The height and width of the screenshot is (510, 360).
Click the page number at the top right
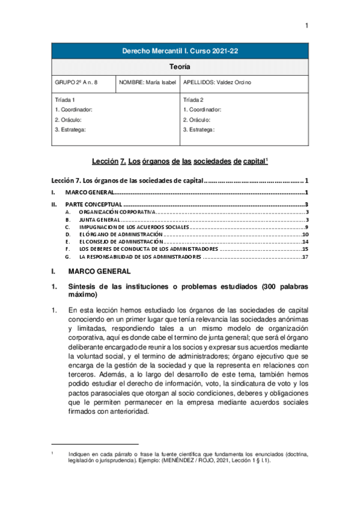point(306,25)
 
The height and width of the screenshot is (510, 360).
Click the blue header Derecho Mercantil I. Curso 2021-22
point(180,52)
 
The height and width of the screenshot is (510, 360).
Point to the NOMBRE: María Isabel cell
point(148,82)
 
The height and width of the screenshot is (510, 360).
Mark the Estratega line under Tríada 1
point(70,129)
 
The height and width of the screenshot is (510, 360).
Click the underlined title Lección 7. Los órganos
point(180,162)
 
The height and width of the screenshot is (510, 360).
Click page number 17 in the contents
point(305,257)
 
